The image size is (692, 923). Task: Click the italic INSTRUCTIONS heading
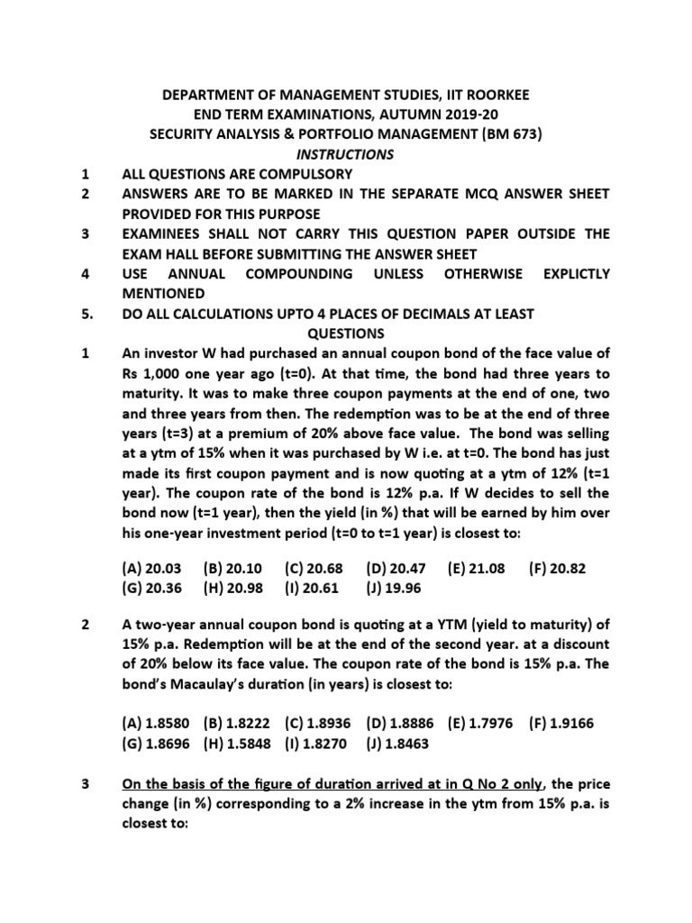point(346,154)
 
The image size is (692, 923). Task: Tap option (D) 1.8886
point(402,722)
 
